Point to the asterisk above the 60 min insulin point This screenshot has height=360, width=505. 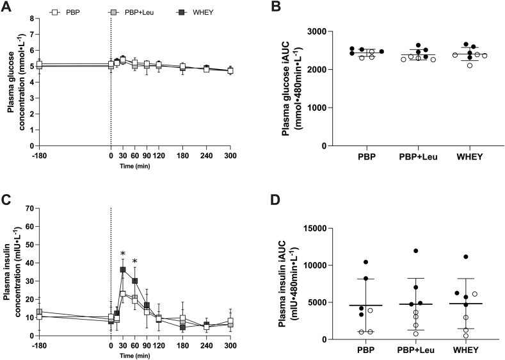click(134, 261)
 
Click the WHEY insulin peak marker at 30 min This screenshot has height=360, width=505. click(122, 270)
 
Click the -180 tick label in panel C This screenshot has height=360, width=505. click(38, 345)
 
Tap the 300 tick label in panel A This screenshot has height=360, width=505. click(230, 155)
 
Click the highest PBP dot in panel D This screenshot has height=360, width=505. click(366, 262)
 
